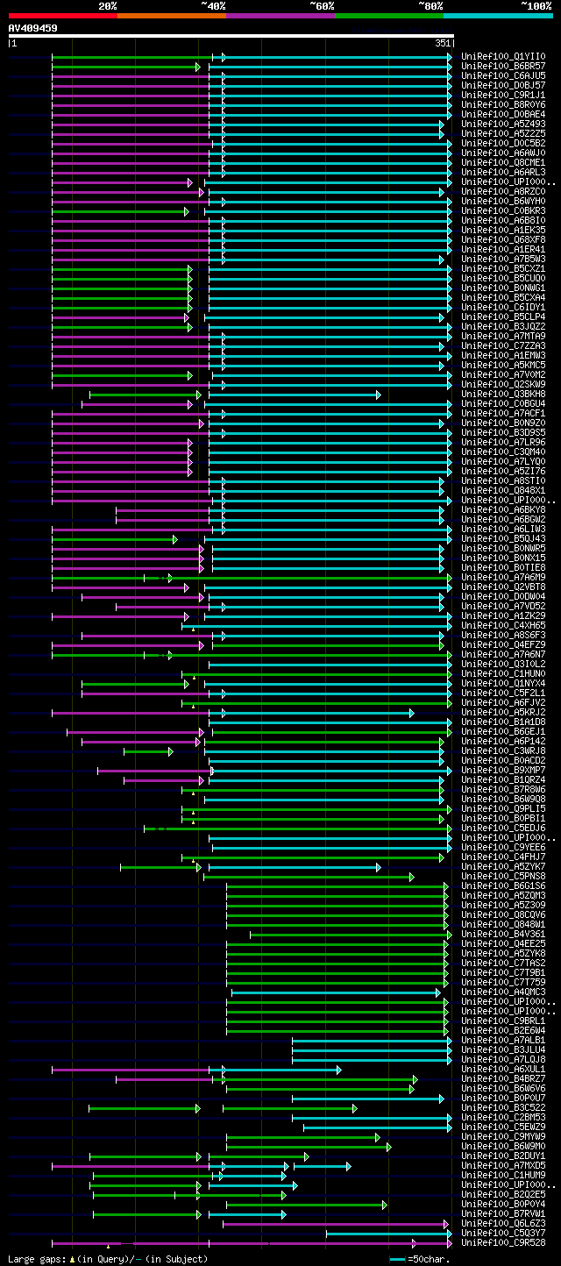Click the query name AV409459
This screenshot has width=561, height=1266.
[33, 28]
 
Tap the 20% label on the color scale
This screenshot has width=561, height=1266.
[108, 5]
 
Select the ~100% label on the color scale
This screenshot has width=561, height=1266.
[536, 5]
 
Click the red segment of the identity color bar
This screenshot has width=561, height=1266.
[62, 15]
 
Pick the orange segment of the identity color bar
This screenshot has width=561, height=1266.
[171, 15]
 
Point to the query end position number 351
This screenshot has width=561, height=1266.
[443, 42]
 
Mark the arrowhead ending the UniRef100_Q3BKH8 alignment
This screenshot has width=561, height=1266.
[378, 395]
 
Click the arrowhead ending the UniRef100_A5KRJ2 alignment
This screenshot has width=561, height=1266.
[410, 713]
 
